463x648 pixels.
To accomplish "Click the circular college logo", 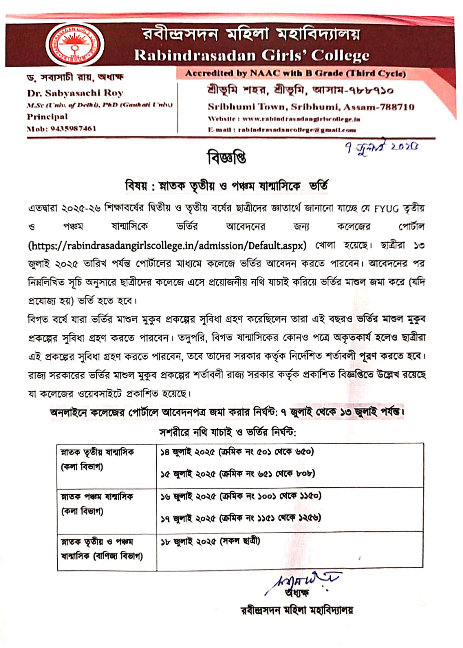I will coord(75,45).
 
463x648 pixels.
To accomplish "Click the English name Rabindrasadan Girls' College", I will coord(251,55).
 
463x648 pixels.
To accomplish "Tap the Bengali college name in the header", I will coord(251,34).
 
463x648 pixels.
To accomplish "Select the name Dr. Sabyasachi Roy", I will coord(75,93).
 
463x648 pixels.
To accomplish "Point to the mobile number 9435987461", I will coord(73,128).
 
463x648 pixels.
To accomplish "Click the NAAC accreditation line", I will coord(295,73).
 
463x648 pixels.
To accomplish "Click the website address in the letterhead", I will coord(301,119).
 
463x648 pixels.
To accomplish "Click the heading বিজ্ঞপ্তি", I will coord(227,158).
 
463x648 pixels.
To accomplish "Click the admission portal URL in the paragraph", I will coord(167,245).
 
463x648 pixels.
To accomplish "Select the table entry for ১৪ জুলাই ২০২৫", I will coord(237,452).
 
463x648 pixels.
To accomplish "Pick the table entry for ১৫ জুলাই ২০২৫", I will coord(238,473).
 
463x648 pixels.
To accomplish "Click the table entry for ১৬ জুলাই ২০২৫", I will coord(240,496).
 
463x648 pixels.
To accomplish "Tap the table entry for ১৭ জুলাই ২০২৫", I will coord(240,518).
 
